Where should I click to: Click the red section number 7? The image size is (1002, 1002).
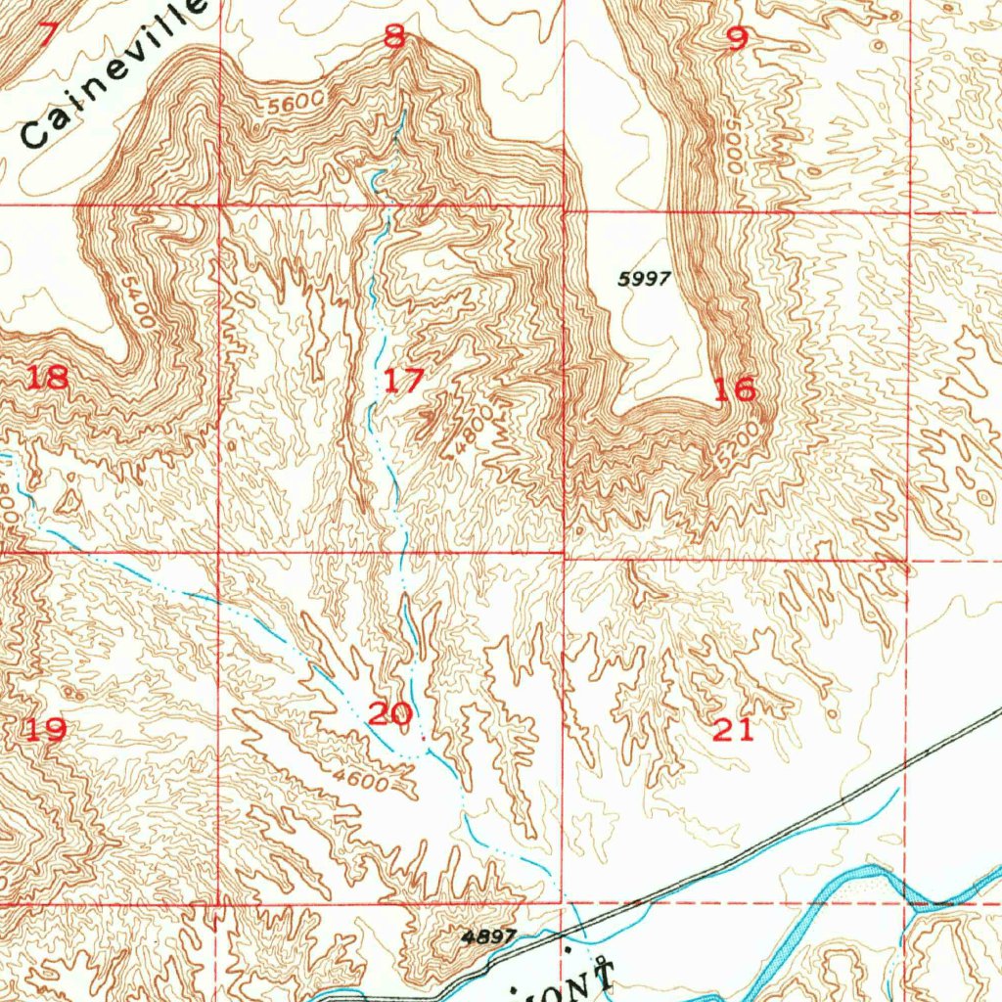point(44,34)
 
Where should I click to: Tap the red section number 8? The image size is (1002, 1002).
point(393,37)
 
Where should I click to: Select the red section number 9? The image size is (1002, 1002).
point(737,38)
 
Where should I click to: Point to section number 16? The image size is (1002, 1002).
point(734,389)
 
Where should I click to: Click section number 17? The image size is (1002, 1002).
point(402,380)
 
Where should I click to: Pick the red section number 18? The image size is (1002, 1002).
point(47,377)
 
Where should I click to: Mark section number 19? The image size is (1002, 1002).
point(45,729)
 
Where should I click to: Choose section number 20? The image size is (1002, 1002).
point(389,713)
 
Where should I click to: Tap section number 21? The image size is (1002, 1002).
point(734,729)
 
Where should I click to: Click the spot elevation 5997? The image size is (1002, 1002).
point(645,279)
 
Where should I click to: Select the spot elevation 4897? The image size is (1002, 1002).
point(488,936)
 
